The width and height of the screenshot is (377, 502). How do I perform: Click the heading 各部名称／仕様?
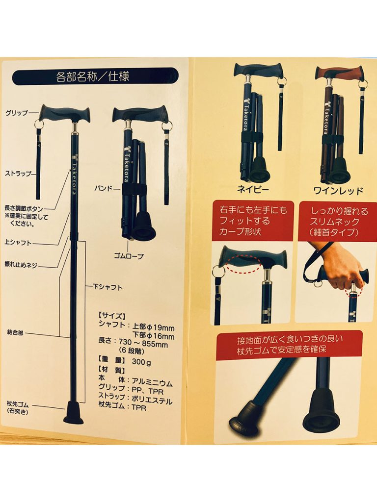tap(93, 77)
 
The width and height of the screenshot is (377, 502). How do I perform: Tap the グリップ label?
tap(16, 113)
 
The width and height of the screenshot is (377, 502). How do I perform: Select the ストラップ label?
tap(18, 174)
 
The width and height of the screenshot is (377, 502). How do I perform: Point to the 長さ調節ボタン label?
tap(24, 209)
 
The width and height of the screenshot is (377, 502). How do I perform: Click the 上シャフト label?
tap(18, 243)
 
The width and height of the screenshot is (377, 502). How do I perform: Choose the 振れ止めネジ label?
tap(21, 265)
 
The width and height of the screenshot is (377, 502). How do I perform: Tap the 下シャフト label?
tap(108, 287)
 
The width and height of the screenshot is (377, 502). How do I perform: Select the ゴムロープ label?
tap(129, 256)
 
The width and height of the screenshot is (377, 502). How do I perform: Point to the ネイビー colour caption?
tap(253, 190)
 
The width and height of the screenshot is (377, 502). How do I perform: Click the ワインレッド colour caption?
tap(338, 191)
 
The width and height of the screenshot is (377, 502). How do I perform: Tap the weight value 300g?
tap(141, 362)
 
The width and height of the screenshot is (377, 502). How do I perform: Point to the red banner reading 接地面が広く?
tap(290, 345)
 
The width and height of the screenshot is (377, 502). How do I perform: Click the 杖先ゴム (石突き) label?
tap(18, 407)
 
